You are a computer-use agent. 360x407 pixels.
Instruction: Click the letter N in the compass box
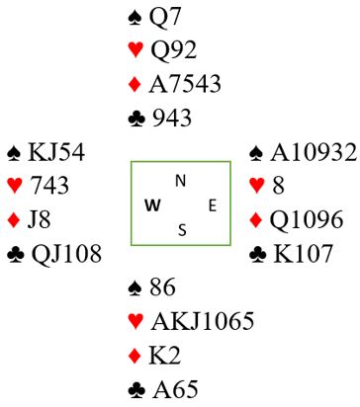tap(180, 181)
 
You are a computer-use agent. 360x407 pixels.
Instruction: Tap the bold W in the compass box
tap(152, 205)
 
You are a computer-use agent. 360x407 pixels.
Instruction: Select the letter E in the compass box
tap(213, 205)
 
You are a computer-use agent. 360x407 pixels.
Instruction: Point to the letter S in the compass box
tap(182, 230)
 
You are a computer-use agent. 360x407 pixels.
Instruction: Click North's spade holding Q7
tap(165, 17)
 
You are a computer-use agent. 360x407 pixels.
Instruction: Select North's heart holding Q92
tap(173, 49)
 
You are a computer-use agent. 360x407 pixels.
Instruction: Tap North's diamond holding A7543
tap(185, 84)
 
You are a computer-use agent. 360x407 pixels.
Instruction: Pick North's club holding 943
tap(172, 118)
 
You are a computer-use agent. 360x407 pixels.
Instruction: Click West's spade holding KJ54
tap(56, 152)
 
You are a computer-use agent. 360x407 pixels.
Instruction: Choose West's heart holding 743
tap(49, 186)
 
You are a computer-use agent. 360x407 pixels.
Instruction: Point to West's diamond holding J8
tap(39, 219)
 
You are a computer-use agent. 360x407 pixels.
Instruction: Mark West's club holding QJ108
tap(66, 254)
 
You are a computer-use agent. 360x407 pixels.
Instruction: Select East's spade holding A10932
tap(314, 152)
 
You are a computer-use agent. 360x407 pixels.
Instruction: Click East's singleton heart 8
tap(278, 186)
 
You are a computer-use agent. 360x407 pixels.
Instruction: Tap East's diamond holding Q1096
tap(307, 219)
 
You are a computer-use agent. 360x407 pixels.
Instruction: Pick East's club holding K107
tap(303, 254)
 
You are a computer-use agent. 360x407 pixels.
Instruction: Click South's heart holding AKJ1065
tap(203, 321)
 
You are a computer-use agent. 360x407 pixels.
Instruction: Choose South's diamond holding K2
tap(164, 356)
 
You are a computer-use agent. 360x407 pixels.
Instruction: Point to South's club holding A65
tap(175, 389)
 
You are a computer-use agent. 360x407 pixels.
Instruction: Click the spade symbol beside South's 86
tap(135, 287)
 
